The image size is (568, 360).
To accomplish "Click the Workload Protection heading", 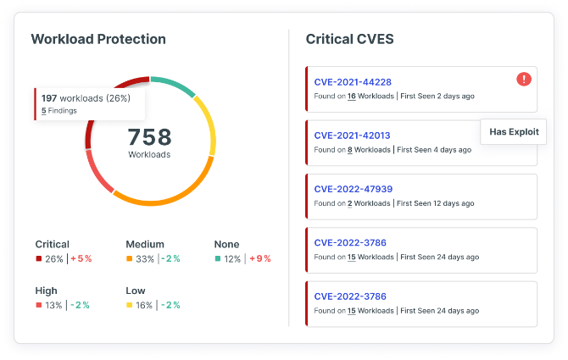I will coord(98,39).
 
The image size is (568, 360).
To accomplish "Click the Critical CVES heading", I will coord(348,39).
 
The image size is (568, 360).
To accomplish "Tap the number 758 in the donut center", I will coord(149,136).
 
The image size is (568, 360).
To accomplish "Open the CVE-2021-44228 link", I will coord(353,81).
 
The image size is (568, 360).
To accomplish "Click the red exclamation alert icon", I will coord(524,79).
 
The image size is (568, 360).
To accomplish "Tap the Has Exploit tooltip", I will coord(514,131).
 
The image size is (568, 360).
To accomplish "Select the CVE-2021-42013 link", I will coord(353,136).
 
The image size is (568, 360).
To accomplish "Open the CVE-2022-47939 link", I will coord(353,189).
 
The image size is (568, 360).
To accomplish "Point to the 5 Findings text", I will coord(59,111).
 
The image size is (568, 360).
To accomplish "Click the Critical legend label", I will coord(53,244).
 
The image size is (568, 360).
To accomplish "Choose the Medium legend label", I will coord(145,244).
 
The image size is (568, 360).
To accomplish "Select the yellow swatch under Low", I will coord(129,305).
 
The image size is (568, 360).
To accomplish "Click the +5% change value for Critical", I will coord(81,258).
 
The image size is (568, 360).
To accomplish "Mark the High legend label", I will coord(47,291).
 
